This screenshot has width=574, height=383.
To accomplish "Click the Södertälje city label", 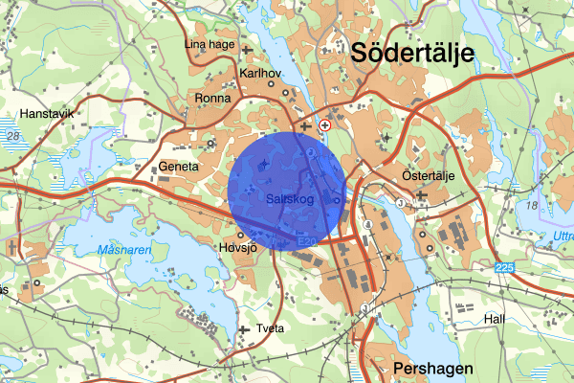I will (x=412, y=54).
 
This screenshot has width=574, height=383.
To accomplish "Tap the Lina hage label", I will (x=210, y=44).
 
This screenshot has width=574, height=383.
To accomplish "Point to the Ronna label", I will (x=212, y=98).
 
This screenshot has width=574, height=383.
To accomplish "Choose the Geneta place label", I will (x=179, y=166).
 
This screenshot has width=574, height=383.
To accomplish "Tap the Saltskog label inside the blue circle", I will (x=288, y=198).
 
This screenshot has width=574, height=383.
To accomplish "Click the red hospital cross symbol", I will (x=326, y=125).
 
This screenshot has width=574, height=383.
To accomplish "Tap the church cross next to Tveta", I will (x=247, y=329).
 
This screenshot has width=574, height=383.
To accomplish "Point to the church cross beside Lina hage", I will (x=247, y=49).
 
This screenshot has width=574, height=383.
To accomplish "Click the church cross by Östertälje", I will (x=421, y=195).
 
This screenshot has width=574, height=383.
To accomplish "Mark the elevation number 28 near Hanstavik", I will (x=12, y=138).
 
